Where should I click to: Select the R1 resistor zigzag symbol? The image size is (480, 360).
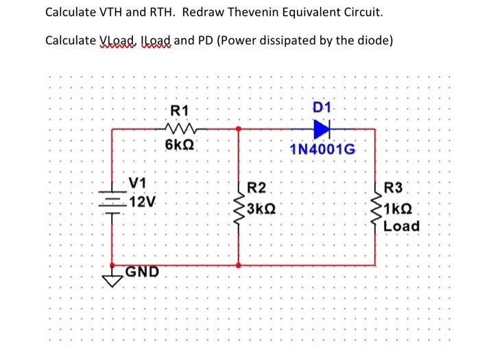181,128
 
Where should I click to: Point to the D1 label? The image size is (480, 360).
322,108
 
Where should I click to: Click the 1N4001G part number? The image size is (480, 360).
322,149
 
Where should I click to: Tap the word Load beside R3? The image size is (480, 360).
402,226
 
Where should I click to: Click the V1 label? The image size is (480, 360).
138,183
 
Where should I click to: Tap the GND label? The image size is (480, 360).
142,271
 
